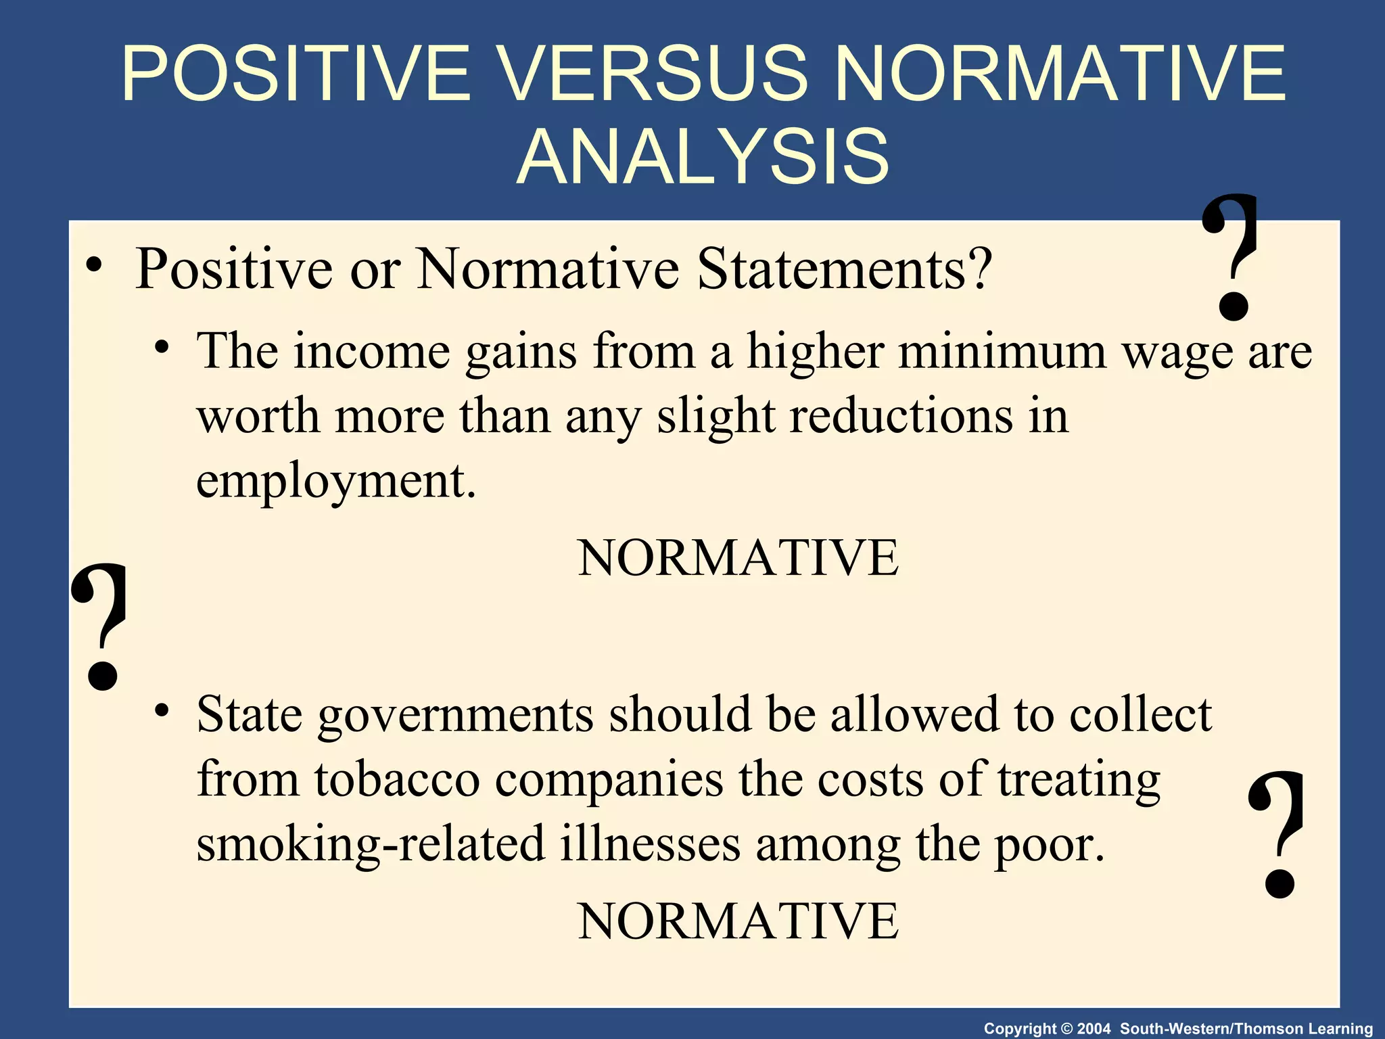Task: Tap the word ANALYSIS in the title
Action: tap(703, 157)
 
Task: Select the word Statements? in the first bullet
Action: tap(845, 269)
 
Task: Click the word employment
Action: tap(336, 482)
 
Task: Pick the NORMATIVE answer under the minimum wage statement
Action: tap(738, 558)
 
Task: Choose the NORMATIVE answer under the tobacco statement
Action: tap(738, 921)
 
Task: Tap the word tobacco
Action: tap(397, 779)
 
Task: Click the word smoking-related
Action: tap(371, 845)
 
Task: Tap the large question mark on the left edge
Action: tap(101, 626)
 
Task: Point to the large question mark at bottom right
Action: tap(1277, 835)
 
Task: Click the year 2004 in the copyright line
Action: tap(1094, 1029)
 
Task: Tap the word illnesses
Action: tap(650, 845)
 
